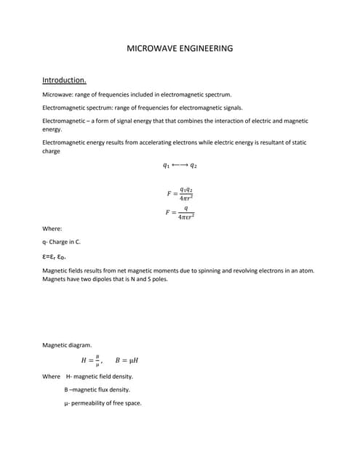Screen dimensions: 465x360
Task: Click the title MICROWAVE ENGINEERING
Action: (180, 49)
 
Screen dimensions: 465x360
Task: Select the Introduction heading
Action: (65, 80)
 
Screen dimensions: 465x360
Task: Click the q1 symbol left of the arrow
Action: (167, 166)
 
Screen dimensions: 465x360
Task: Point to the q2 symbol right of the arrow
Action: (193, 166)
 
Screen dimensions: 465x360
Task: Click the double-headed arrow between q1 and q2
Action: (180, 166)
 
